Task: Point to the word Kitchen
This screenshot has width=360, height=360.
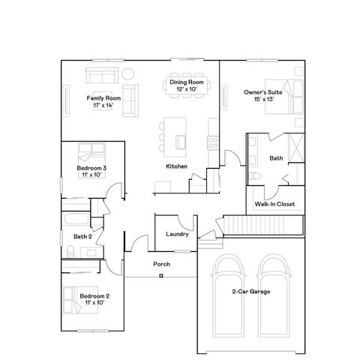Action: click(x=176, y=166)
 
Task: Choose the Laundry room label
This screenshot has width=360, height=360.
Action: click(x=176, y=235)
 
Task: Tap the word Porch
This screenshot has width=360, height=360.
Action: click(x=161, y=264)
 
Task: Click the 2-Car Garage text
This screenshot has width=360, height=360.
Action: click(x=251, y=291)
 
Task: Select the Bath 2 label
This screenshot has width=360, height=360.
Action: click(x=82, y=237)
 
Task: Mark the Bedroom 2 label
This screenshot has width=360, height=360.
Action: click(x=94, y=296)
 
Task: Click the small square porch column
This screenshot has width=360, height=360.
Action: click(x=161, y=276)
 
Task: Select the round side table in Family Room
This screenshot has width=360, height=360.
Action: click(x=127, y=73)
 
